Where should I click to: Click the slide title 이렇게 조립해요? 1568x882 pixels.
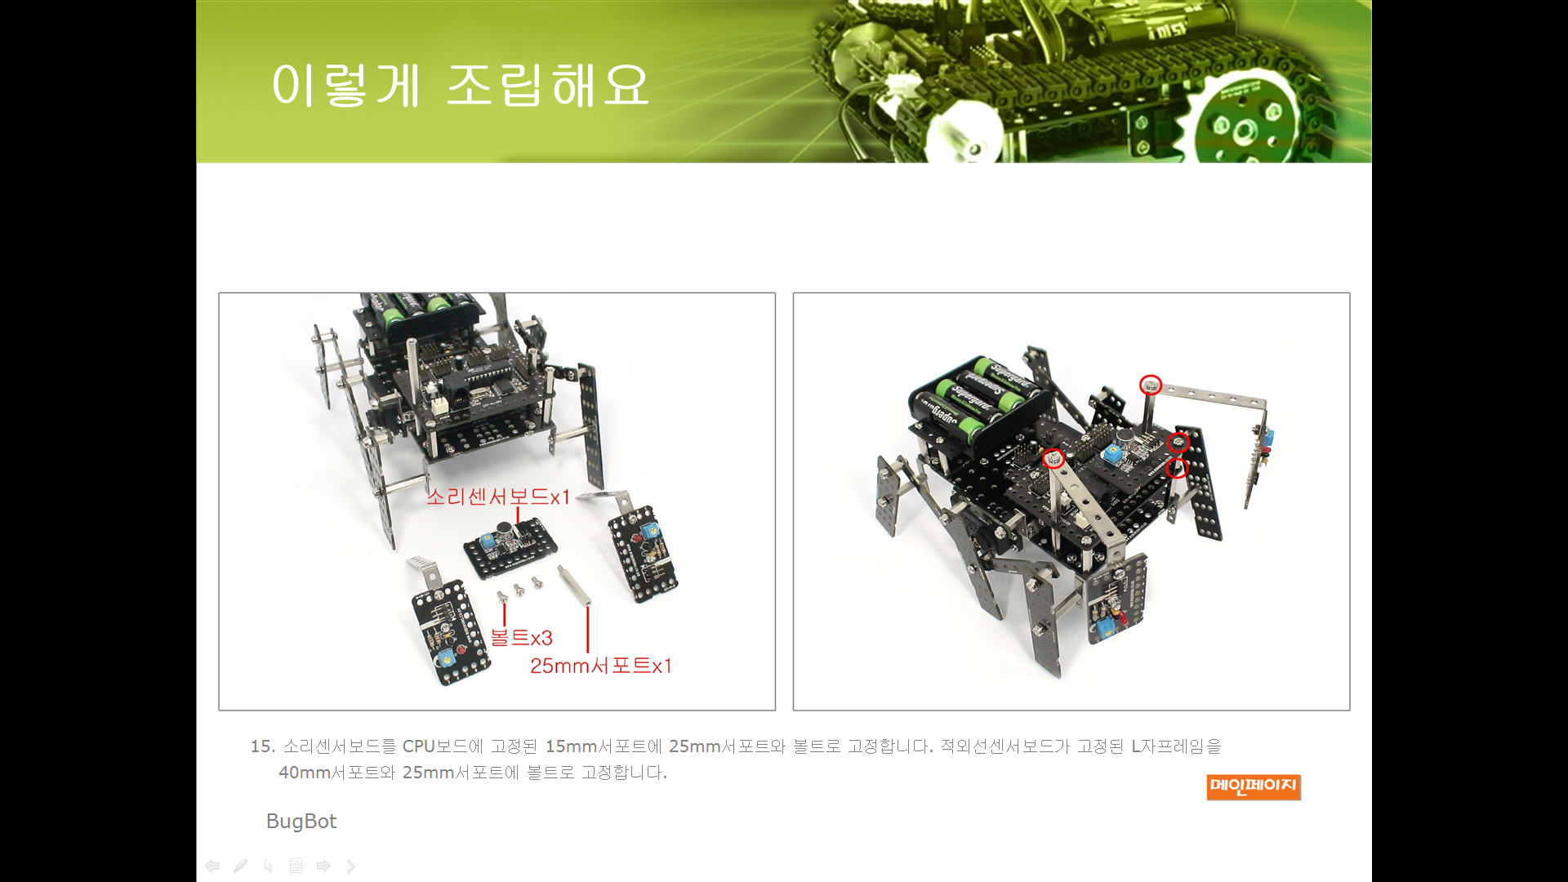pyautogui.click(x=460, y=85)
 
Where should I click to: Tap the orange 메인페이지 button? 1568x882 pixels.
pyautogui.click(x=1253, y=786)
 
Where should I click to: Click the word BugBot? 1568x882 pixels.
pyautogui.click(x=301, y=821)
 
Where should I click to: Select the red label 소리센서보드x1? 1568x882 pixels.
pyautogui.click(x=498, y=497)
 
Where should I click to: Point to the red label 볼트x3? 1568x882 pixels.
pyautogui.click(x=522, y=638)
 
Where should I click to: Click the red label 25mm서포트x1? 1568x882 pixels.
pyautogui.click(x=601, y=666)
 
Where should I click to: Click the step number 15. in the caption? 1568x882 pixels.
pyautogui.click(x=263, y=746)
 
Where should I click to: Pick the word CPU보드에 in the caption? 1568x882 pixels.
pyautogui.click(x=443, y=746)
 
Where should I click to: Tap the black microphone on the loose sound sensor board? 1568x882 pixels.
pyautogui.click(x=506, y=534)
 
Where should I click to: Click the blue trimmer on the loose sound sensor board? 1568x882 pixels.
pyautogui.click(x=488, y=541)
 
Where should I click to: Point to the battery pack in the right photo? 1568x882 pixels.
pyautogui.click(x=978, y=400)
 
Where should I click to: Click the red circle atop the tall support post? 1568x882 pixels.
pyautogui.click(x=1150, y=384)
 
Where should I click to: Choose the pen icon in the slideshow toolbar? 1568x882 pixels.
pyautogui.click(x=240, y=866)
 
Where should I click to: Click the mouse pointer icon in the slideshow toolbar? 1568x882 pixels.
pyautogui.click(x=268, y=866)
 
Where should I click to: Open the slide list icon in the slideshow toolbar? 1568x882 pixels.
pyautogui.click(x=296, y=866)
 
